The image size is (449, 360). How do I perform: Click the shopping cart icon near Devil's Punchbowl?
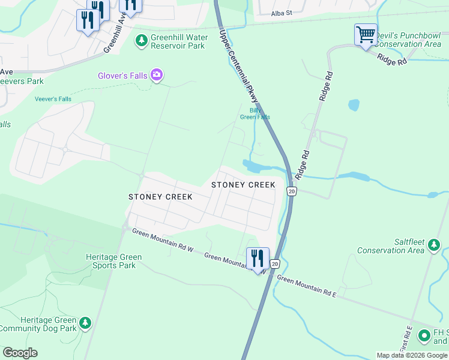click(x=366, y=34)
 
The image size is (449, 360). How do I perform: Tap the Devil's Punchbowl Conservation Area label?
click(x=408, y=40)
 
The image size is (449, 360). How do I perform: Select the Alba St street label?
click(x=281, y=13)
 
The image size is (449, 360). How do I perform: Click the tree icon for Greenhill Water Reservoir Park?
click(x=142, y=41)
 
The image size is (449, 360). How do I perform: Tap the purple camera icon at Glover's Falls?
click(x=157, y=75)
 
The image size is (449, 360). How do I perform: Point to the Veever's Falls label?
click(x=53, y=99)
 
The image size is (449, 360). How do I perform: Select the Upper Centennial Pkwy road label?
click(x=240, y=66)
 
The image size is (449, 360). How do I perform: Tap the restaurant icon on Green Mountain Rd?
click(x=258, y=259)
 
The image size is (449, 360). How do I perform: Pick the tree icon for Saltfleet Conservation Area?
click(x=433, y=245)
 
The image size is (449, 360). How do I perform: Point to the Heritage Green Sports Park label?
click(x=114, y=261)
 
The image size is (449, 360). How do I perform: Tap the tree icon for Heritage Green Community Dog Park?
click(x=86, y=324)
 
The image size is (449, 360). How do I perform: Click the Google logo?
click(x=20, y=353)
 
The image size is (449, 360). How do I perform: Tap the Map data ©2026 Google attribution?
click(x=412, y=355)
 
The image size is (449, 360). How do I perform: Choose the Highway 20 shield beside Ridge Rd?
click(x=291, y=191)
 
